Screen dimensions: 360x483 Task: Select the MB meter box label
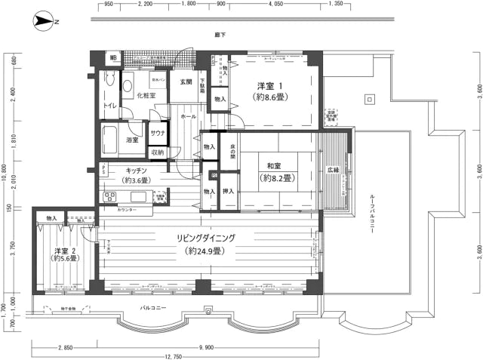(113, 57)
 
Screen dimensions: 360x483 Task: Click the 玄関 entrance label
(186, 81)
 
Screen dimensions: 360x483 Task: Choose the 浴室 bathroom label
(133, 140)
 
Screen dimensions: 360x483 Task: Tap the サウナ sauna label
(158, 132)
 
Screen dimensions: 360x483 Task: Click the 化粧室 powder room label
(146, 96)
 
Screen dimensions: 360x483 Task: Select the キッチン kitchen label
(136, 171)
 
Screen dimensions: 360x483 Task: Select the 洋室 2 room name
(65, 251)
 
